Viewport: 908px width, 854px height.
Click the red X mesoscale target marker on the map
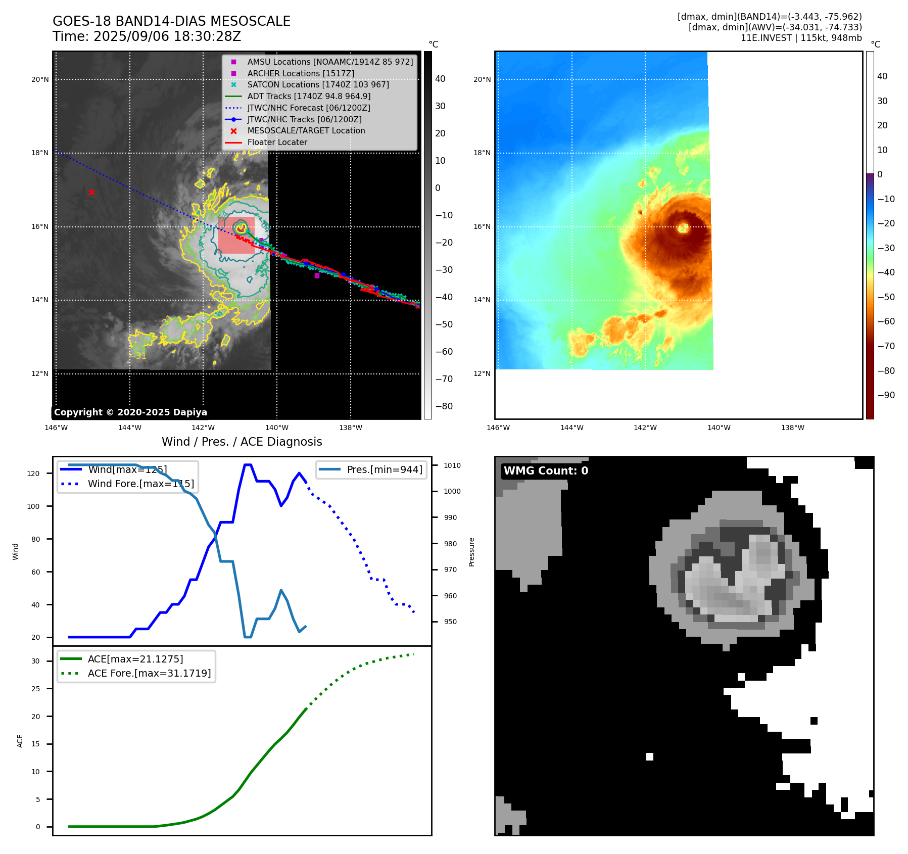tap(91, 192)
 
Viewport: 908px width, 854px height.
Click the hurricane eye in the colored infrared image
tap(683, 227)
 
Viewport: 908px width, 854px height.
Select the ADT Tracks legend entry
tap(309, 96)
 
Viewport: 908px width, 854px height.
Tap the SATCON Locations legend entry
tap(318, 84)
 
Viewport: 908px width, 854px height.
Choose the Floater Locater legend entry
tap(277, 142)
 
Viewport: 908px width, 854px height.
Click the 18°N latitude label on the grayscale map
tap(40, 153)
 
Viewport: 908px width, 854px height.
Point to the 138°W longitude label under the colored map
tap(792, 428)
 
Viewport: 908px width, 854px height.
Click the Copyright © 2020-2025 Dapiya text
tap(130, 412)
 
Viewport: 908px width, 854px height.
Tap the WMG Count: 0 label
tap(546, 471)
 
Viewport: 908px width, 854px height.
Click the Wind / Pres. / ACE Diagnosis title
tap(242, 442)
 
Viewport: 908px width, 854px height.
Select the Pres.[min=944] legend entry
tap(384, 469)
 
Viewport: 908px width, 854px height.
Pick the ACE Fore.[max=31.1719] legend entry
tap(149, 673)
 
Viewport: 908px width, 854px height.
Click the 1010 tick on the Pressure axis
tap(452, 465)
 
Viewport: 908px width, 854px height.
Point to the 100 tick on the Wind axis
tap(33, 506)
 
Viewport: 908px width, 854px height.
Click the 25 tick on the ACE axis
tap(35, 689)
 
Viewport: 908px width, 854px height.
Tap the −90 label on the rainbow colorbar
tap(886, 395)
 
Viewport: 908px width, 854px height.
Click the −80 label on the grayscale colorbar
tap(444, 406)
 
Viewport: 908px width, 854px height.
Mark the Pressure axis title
tap(471, 552)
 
